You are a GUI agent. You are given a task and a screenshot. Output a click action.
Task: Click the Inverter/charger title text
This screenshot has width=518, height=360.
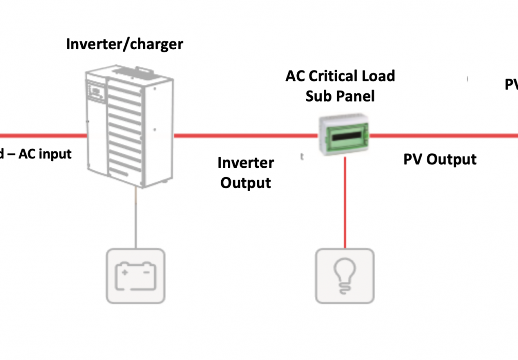pyautogui.click(x=124, y=44)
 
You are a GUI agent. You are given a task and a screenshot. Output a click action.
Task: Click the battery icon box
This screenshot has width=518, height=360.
pyautogui.click(x=136, y=276)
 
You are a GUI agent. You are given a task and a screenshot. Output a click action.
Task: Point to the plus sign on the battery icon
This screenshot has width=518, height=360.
pyautogui.click(x=124, y=269)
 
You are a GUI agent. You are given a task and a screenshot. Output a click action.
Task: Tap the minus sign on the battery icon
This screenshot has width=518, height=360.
pyautogui.click(x=147, y=269)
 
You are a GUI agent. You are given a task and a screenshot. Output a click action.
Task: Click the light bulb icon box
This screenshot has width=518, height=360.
pyautogui.click(x=345, y=276)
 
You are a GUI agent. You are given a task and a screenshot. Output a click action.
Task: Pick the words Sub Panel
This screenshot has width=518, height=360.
pyautogui.click(x=340, y=96)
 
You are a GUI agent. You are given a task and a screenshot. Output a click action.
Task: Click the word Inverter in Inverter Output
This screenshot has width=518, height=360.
pyautogui.click(x=246, y=163)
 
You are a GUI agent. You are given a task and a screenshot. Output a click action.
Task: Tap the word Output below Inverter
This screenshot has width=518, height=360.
pyautogui.click(x=246, y=183)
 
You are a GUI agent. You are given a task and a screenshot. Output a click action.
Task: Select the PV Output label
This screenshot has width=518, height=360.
pyautogui.click(x=440, y=159)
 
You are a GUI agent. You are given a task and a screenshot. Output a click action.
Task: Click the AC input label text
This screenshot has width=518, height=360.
pyautogui.click(x=45, y=154)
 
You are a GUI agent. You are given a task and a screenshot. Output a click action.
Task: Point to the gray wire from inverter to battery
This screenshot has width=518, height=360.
pyautogui.click(x=136, y=218)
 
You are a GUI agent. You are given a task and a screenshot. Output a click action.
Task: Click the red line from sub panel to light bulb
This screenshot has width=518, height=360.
pyautogui.click(x=345, y=202)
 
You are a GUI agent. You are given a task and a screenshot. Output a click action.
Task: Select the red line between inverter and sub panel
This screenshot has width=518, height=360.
pyautogui.click(x=243, y=136)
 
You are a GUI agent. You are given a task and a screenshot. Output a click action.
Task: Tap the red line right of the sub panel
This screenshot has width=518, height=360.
pyautogui.click(x=440, y=136)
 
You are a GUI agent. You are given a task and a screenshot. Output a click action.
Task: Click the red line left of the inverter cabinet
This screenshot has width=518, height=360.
pyautogui.click(x=41, y=136)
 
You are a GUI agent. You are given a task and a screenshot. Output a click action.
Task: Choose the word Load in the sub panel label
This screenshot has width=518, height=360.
pyautogui.click(x=377, y=76)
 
